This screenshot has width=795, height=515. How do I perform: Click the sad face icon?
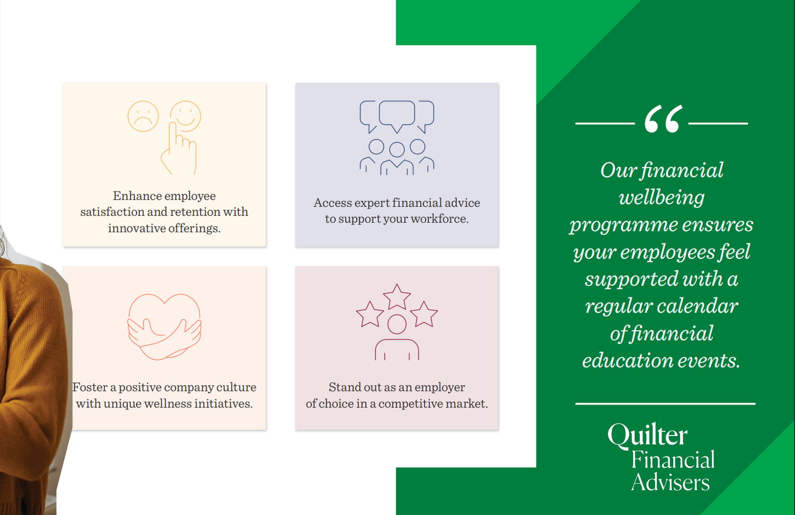[x=143, y=116]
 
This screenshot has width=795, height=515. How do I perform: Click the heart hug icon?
[x=164, y=327]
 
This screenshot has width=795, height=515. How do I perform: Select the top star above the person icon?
[x=397, y=296]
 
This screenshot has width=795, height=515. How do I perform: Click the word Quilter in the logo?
[x=647, y=435]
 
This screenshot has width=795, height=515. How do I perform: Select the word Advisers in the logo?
[x=670, y=483]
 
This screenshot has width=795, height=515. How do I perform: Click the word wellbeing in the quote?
[x=661, y=198]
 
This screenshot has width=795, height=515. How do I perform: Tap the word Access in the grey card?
[x=332, y=203]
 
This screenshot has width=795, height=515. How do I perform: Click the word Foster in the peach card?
[x=90, y=388]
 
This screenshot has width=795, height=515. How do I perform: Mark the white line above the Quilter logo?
[x=665, y=404]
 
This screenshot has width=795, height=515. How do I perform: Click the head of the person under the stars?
[x=397, y=324]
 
